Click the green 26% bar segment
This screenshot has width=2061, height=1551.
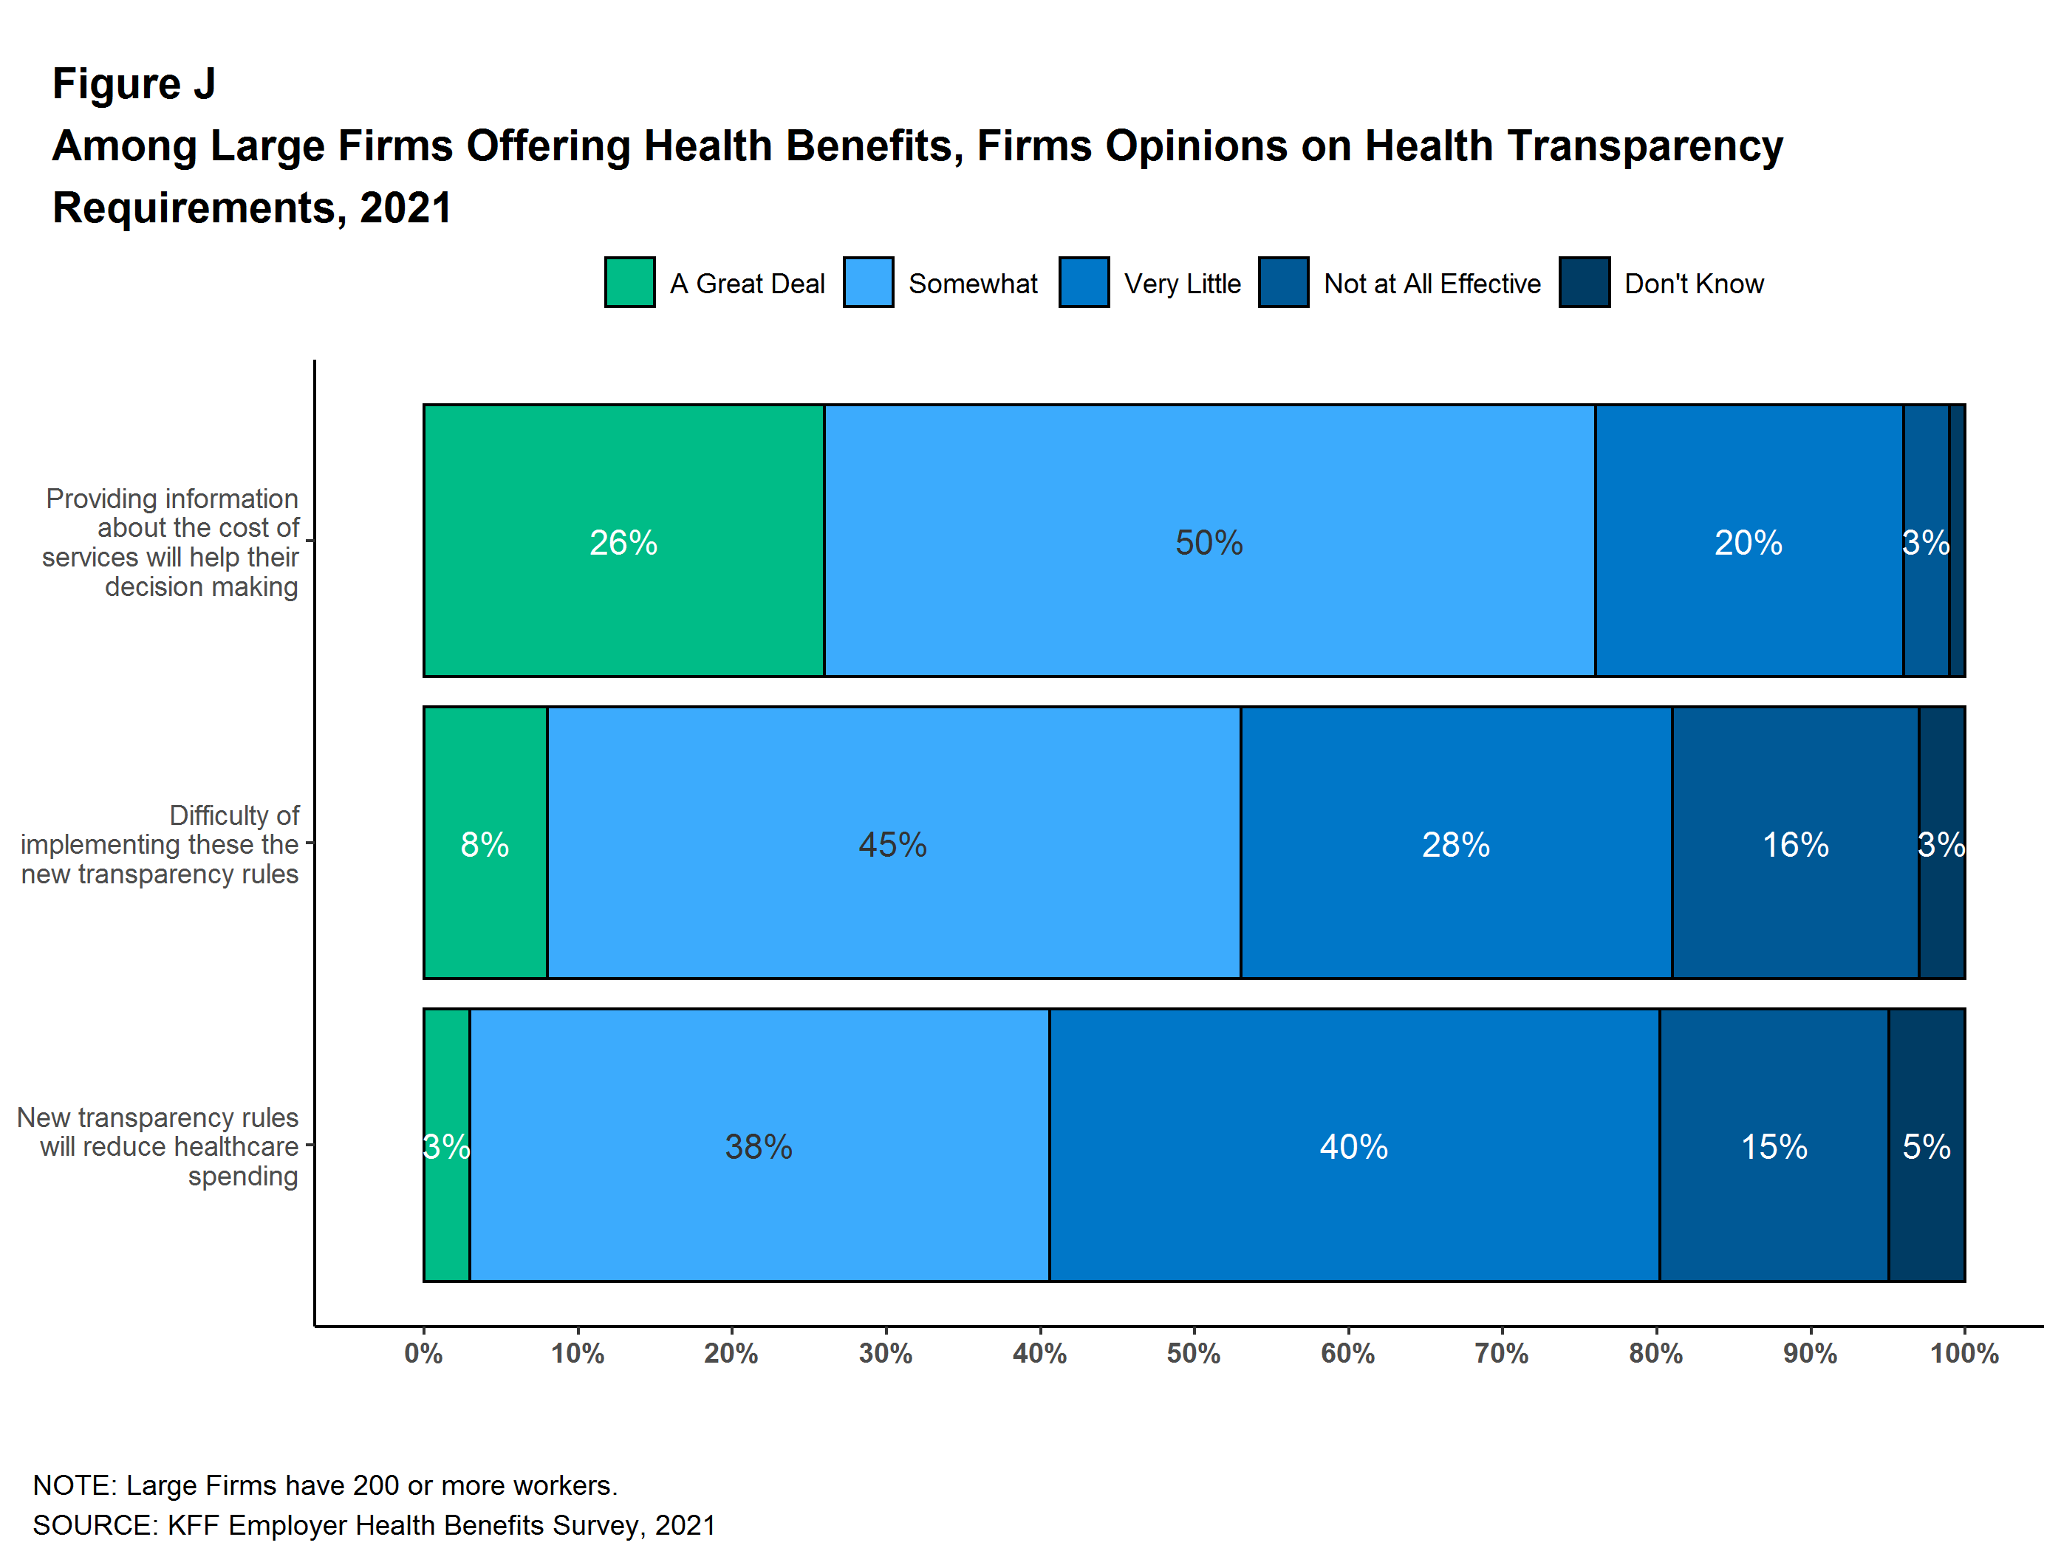pos(623,541)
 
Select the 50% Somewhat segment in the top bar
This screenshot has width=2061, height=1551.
pos(1209,541)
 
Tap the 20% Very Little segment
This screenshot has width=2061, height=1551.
pos(1748,541)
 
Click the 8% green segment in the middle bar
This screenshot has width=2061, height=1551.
pos(485,843)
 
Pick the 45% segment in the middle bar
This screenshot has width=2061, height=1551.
pos(892,843)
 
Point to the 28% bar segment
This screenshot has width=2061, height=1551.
pos(1455,843)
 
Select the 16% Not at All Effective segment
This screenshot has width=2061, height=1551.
pos(1794,843)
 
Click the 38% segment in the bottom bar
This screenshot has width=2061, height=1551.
pos(759,1145)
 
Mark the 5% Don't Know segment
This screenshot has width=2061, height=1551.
pos(1926,1145)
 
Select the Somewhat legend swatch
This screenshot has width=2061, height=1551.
pos(867,282)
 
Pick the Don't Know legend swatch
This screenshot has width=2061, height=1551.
pos(1584,282)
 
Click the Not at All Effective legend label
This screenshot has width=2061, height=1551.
pos(1432,283)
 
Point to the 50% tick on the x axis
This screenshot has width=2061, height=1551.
pos(1194,1352)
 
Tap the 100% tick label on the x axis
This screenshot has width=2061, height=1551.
pos(1964,1352)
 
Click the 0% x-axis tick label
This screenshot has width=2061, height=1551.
pos(424,1352)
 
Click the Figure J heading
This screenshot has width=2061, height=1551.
pos(134,84)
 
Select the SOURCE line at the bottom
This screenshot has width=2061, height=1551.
pos(374,1525)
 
